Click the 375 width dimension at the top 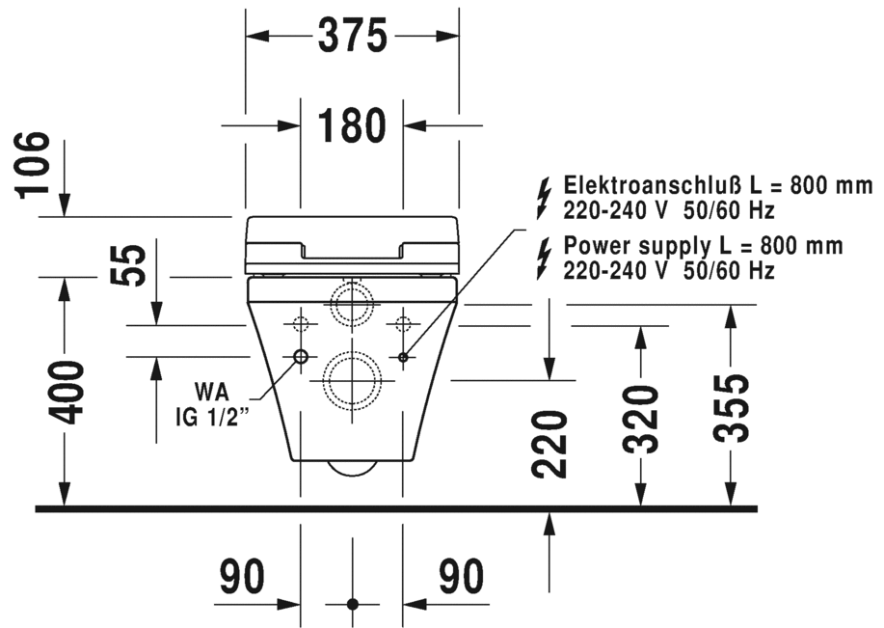[x=352, y=36]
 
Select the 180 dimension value [x=352, y=125]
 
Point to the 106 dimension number [x=35, y=164]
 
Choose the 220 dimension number [x=549, y=445]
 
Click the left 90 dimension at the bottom [x=242, y=578]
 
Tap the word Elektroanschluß [x=638, y=185]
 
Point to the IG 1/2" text [x=203, y=418]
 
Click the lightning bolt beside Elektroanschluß [x=545, y=197]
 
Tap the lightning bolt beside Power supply [x=545, y=258]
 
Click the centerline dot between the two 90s [x=352, y=604]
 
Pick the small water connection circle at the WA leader [x=300, y=357]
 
